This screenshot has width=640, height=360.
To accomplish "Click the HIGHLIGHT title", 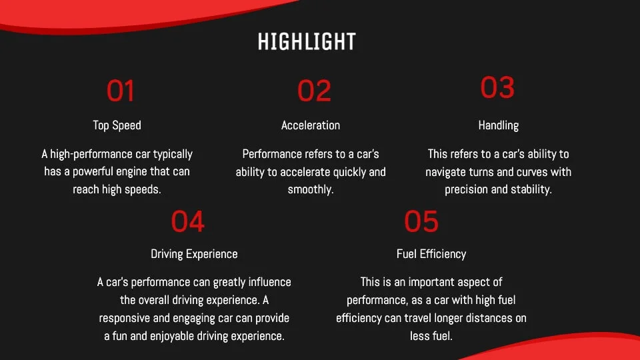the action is [307, 41].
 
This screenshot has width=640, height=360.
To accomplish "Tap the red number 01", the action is [121, 91].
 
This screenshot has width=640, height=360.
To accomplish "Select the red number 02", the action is [314, 91].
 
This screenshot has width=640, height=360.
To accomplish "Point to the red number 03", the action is [497, 87].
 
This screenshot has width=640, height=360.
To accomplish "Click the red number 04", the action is [187, 221].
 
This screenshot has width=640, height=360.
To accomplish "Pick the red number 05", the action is [421, 221].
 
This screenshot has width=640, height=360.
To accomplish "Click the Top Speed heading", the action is [117, 125].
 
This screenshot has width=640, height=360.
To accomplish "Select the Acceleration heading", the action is [311, 125].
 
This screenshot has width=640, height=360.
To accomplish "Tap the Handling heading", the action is [499, 125].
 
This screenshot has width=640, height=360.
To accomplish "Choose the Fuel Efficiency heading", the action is [431, 254].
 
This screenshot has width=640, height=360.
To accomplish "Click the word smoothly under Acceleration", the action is [311, 189].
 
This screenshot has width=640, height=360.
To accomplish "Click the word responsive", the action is [124, 318].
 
